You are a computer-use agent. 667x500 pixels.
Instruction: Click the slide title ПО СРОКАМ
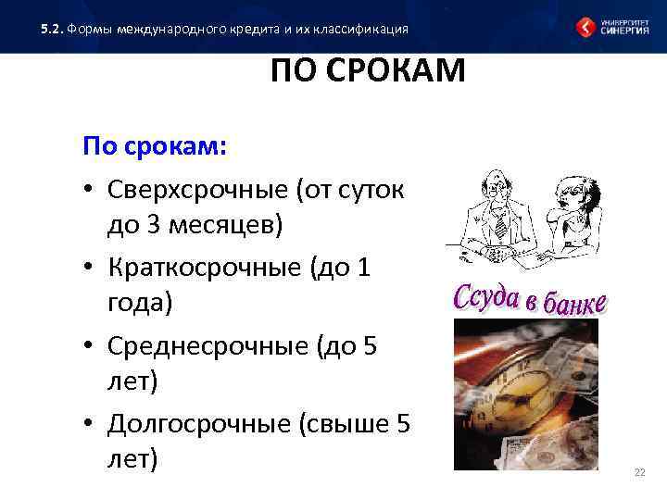[x=368, y=71]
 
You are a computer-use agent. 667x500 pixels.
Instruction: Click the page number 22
[x=638, y=473]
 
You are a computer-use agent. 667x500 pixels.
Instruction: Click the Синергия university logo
[x=612, y=27]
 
